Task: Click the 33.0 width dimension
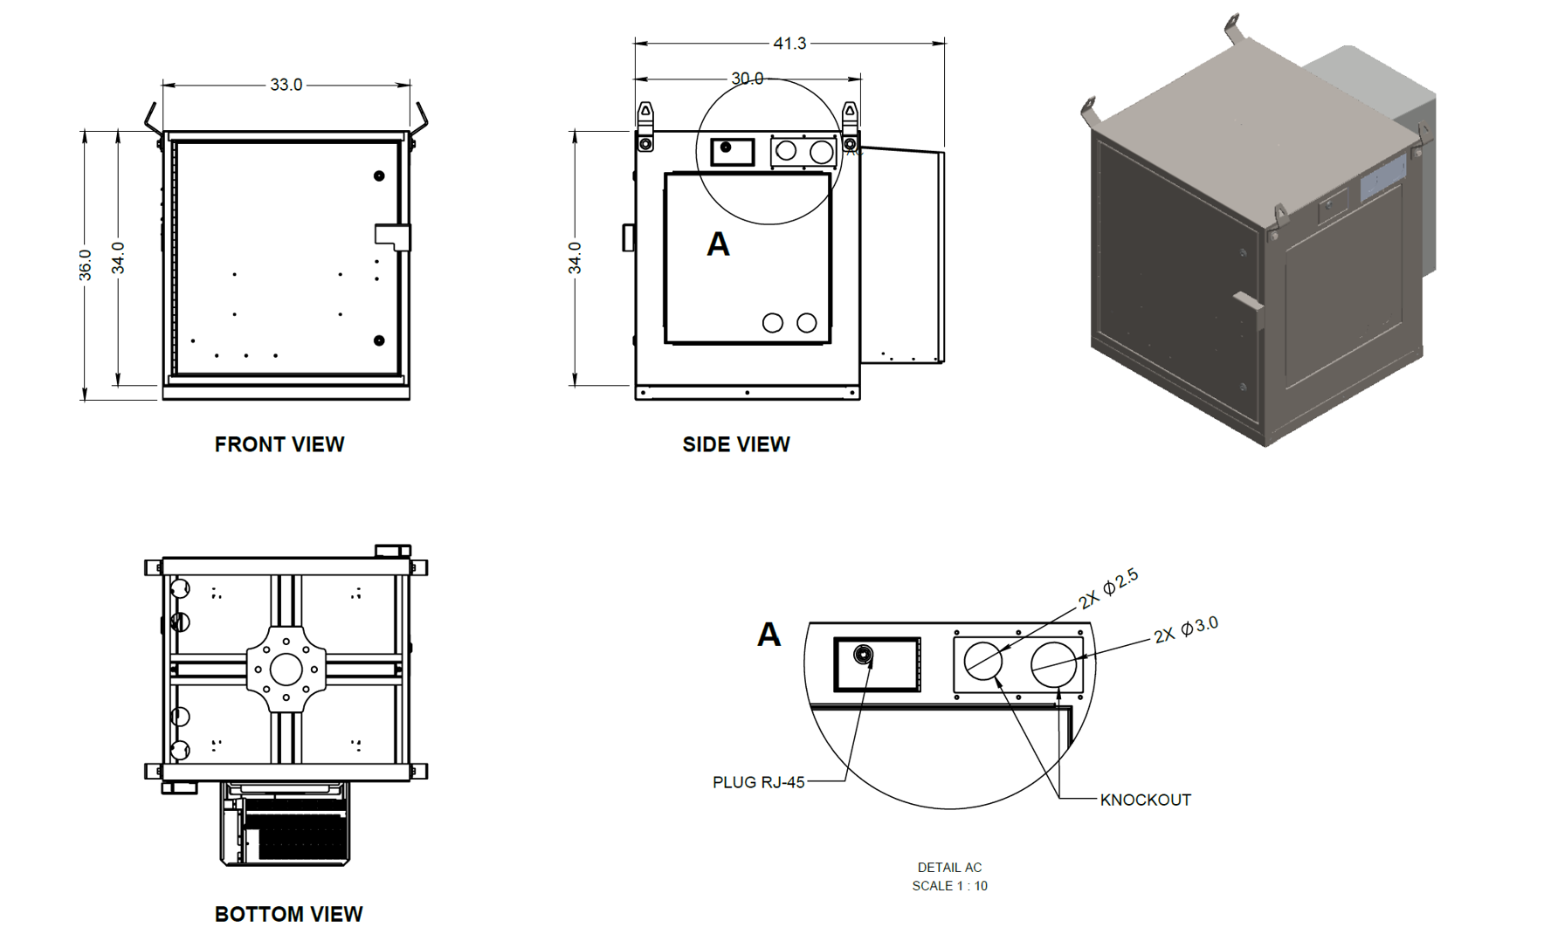(286, 85)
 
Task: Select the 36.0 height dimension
(85, 264)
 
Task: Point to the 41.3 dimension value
(789, 43)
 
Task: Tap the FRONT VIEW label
(279, 444)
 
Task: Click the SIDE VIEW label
(736, 444)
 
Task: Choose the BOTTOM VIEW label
(288, 914)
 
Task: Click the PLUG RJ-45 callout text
(758, 782)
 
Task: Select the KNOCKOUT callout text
(1145, 800)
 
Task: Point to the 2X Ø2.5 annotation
(1108, 588)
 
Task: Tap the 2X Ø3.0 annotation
(1185, 629)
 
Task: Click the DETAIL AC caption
(949, 867)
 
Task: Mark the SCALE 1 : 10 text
(949, 885)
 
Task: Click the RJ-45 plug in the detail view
(864, 655)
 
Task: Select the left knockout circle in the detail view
(983, 661)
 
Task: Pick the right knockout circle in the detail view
(1053, 663)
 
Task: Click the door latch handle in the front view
(392, 236)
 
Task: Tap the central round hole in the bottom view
(286, 670)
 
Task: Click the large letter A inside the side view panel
(718, 244)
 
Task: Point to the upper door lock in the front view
(379, 175)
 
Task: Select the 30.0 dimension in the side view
(747, 79)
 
